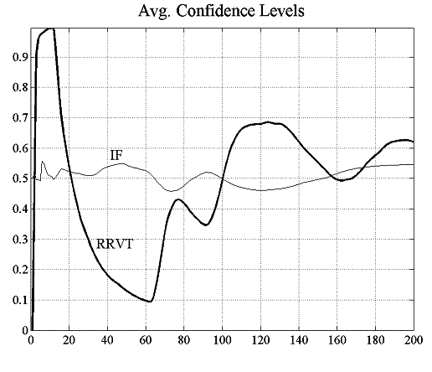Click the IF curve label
coord(116,155)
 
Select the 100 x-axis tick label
coord(222,340)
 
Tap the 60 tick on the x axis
coord(146,340)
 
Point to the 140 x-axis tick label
coord(299,340)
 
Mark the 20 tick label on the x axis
coord(69,340)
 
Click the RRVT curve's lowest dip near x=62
coord(149,301)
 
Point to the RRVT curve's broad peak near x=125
coord(268,122)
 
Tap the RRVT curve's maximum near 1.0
coord(52,28)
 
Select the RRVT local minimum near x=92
coord(206,225)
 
